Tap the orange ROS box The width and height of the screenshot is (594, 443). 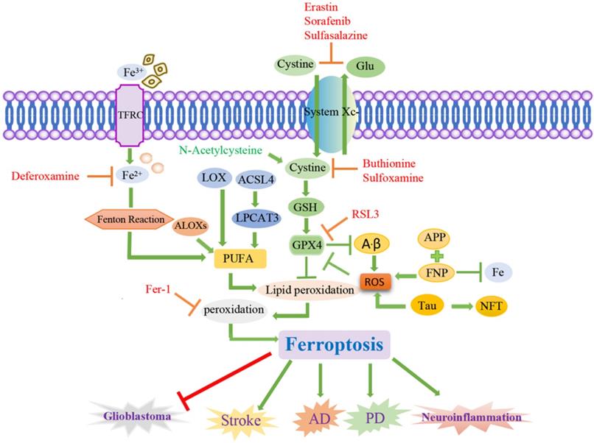pos(374,277)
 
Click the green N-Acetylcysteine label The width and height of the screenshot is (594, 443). pos(223,149)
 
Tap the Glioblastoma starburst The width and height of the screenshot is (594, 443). pos(141,417)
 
